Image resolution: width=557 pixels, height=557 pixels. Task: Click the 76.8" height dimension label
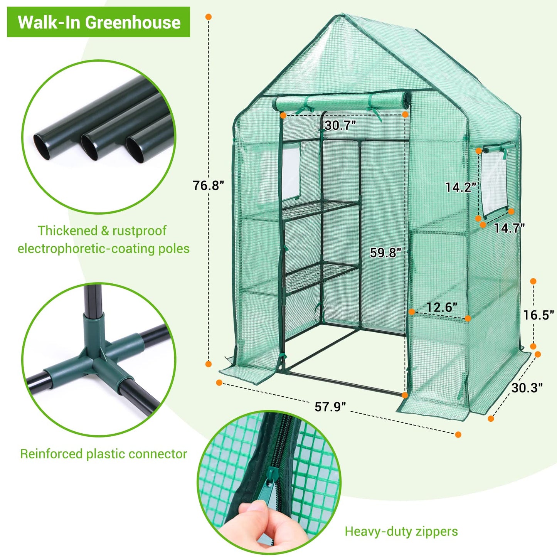tap(208, 185)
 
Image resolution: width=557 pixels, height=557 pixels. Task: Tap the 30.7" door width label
tap(340, 125)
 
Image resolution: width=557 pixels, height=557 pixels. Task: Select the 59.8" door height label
tap(385, 252)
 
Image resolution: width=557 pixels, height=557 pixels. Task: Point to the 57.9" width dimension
tap(330, 406)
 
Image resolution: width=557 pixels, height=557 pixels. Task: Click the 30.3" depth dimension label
tap(527, 387)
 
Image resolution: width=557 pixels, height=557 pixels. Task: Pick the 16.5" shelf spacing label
tap(538, 315)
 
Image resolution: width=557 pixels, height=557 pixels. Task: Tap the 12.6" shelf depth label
tap(442, 307)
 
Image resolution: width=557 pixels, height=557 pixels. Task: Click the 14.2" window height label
tap(461, 187)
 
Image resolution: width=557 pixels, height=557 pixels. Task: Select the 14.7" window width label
tap(509, 228)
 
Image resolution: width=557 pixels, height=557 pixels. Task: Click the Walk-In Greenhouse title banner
tap(99, 22)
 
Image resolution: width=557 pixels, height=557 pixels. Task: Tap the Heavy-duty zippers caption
tap(401, 531)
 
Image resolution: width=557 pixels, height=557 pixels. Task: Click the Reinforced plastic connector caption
tap(103, 454)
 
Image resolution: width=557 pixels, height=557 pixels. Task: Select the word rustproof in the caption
tap(139, 231)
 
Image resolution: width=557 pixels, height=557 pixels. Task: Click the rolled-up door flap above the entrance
tap(342, 103)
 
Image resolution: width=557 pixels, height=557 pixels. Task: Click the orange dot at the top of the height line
tap(209, 17)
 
